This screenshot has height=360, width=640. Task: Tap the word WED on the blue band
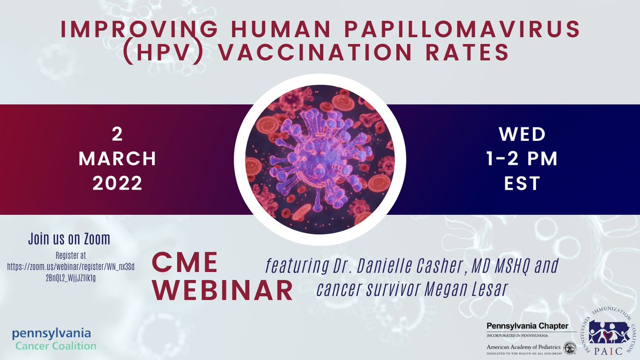(x=522, y=134)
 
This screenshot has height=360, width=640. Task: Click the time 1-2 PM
(x=522, y=159)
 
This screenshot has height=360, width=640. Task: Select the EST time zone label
(x=522, y=183)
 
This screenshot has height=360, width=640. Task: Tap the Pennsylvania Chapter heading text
(x=527, y=326)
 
